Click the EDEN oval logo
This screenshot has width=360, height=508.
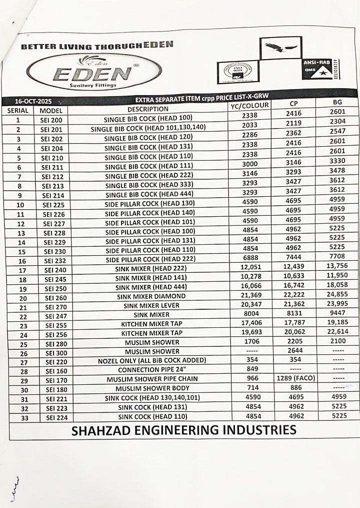click(94, 73)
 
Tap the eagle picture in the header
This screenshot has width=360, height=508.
click(281, 48)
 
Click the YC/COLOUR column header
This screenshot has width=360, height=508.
click(249, 105)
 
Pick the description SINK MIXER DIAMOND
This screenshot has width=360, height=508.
click(151, 296)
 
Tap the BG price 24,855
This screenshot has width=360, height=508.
click(337, 294)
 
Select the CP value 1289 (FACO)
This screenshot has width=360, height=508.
click(296, 378)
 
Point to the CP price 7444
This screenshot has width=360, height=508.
click(294, 257)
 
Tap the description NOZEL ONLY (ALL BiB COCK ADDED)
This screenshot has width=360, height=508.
click(152, 360)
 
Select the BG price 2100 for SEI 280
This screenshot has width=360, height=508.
click(337, 341)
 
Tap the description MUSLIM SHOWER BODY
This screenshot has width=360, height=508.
click(152, 388)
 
